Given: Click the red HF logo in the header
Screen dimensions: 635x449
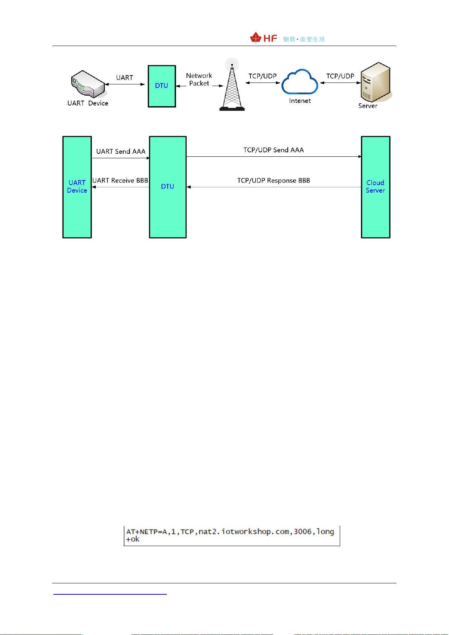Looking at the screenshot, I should tap(264, 38).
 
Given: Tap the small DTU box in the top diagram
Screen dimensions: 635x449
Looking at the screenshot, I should tap(162, 86).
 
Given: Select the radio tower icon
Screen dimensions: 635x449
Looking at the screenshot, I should tap(232, 86).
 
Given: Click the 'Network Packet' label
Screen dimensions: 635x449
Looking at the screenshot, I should tap(199, 80).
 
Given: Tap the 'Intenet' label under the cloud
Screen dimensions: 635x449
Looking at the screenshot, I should tap(300, 101).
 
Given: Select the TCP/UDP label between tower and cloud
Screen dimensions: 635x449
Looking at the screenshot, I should tap(263, 76).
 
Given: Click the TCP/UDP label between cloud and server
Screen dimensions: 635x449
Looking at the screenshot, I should tap(340, 76).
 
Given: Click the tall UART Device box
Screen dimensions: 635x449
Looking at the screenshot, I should tap(77, 187).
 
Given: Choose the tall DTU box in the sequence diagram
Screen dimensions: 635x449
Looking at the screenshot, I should tap(168, 187).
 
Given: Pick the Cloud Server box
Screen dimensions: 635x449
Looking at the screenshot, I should tap(376, 187).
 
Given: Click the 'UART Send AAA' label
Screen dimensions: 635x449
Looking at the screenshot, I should tap(121, 151).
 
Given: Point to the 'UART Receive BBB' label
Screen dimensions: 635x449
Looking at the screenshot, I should tap(120, 181).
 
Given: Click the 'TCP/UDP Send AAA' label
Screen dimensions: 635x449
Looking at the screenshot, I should tap(273, 150).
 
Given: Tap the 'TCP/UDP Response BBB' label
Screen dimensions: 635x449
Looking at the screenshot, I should tap(273, 181).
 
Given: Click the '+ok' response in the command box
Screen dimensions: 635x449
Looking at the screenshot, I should tap(133, 539).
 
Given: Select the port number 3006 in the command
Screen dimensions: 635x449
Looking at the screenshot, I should tap(302, 532).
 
